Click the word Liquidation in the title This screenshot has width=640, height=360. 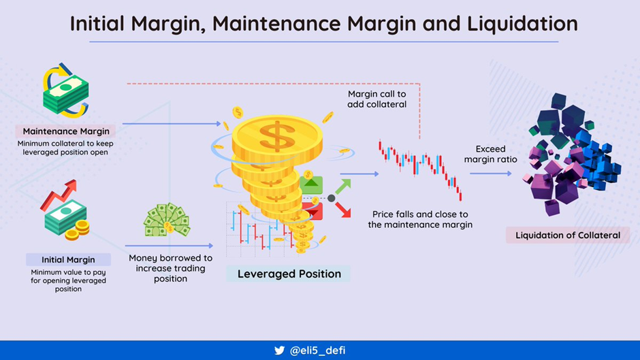tap(522, 23)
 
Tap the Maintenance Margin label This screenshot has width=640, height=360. tap(66, 131)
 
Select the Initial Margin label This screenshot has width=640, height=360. tap(68, 259)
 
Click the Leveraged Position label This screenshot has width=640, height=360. tap(289, 274)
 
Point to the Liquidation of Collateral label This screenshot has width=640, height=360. tap(567, 235)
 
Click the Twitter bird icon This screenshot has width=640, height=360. tap(280, 350)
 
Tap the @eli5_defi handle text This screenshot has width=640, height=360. tap(317, 350)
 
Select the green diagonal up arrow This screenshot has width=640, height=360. tap(343, 186)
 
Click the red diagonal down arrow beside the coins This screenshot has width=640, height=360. tap(343, 210)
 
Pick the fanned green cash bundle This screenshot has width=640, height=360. tap(167, 220)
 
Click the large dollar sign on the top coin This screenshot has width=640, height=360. tap(277, 136)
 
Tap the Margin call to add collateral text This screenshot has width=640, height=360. tap(377, 99)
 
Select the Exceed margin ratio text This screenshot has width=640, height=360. tap(490, 154)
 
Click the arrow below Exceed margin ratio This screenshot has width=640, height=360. tap(491, 174)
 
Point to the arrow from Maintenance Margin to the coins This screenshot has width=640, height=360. tap(172, 123)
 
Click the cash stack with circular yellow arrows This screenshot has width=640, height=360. tap(66, 91)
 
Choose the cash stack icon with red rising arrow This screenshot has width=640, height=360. tap(65, 210)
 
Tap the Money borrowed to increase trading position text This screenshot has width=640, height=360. tap(171, 268)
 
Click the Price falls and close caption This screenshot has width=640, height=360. tap(420, 219)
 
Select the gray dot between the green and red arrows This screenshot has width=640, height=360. tap(332, 198)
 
